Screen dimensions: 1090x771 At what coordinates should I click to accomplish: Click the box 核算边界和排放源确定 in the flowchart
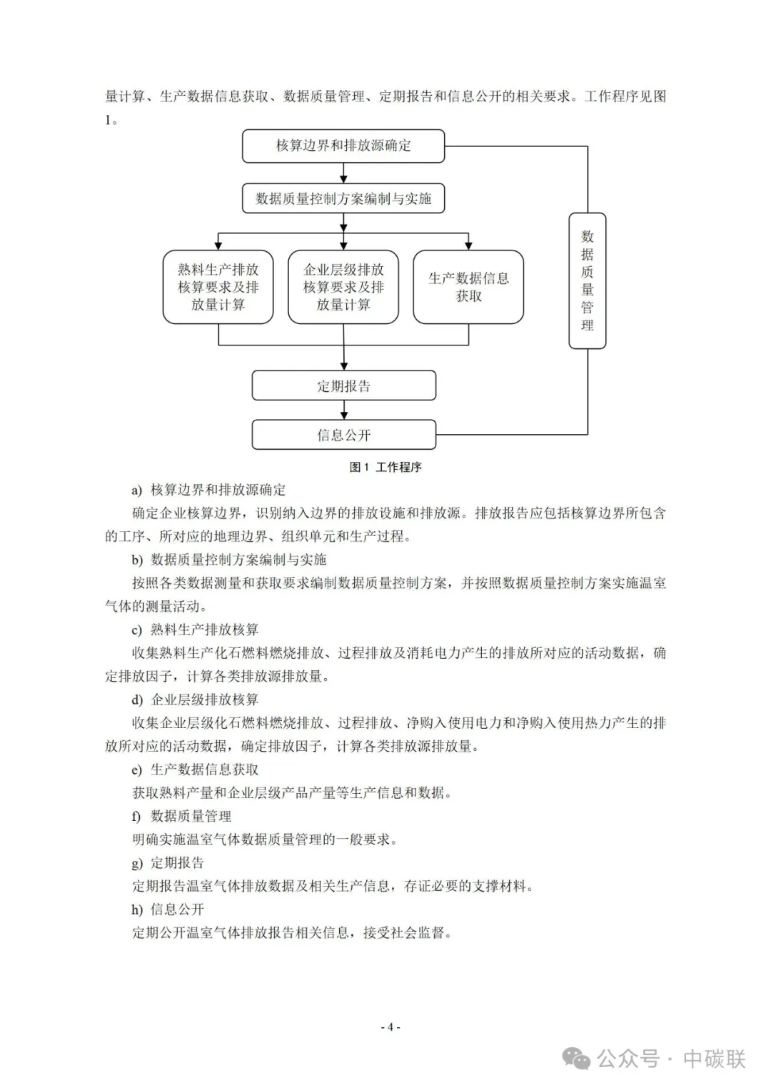coord(343,146)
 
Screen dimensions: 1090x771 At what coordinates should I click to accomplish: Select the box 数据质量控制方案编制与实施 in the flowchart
coord(343,198)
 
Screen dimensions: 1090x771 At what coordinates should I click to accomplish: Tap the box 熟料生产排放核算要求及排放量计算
coord(218,287)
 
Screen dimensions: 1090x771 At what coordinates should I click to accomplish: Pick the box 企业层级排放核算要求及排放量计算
coord(343,287)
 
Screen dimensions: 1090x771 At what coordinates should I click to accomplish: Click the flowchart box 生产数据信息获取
coord(468,287)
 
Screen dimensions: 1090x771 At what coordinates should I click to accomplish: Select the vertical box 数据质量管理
coord(587,281)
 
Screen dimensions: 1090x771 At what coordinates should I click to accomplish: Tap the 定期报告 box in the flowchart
coord(343,386)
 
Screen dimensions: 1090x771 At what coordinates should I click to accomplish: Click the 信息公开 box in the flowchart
coord(343,435)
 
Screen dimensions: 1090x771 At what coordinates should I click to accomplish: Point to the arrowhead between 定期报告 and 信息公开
coord(344,414)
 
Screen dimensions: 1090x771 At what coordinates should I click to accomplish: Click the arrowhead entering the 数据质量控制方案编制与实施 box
coord(344,178)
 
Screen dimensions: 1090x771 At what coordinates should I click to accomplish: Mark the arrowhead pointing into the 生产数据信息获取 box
coord(469,244)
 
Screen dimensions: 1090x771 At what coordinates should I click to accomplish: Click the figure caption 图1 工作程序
coord(385,467)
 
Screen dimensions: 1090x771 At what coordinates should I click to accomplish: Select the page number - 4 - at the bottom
coord(390,1027)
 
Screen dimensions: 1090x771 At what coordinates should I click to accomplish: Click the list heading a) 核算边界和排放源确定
coord(208,490)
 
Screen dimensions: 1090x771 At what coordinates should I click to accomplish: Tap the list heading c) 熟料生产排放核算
coord(195,630)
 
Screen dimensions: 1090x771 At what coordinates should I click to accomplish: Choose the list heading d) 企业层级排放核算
coord(195,700)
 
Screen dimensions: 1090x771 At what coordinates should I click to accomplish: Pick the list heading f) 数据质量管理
coord(181,816)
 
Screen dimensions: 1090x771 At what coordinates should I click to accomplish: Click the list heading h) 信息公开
coord(168,909)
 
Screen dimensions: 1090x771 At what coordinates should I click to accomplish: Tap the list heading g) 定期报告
coord(168,862)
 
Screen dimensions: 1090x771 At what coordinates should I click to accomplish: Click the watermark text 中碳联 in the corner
coord(714,1058)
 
